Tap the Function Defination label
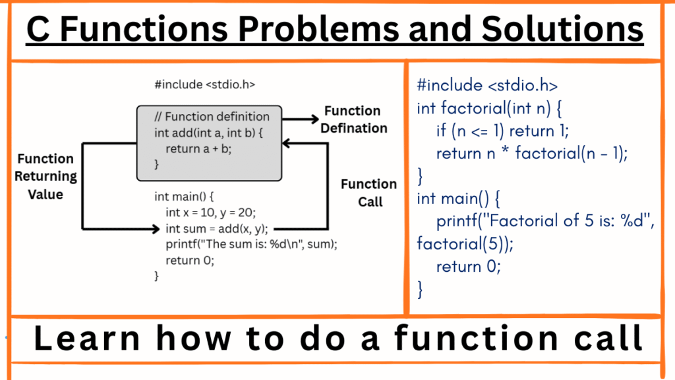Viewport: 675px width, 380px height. (353, 119)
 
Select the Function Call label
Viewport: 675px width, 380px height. (368, 193)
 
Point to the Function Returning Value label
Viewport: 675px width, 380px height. (45, 176)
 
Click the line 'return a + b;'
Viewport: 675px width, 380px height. (198, 148)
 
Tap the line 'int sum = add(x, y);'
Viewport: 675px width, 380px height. (216, 230)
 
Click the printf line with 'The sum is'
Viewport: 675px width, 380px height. (251, 244)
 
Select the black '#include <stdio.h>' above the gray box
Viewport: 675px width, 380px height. (204, 84)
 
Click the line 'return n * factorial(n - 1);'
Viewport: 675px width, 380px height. (532, 154)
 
